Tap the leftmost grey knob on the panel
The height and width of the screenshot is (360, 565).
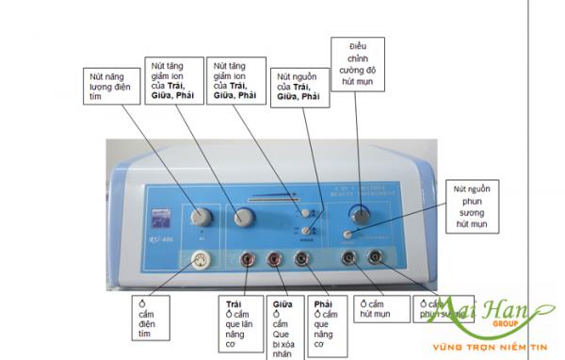[197, 216]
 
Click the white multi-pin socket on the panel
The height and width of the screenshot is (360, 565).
[200, 260]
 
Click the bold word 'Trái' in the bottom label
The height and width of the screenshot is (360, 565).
[234, 304]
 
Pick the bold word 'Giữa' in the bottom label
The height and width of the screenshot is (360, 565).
[281, 304]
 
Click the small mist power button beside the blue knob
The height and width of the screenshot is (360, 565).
[347, 235]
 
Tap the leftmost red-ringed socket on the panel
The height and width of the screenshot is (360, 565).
[247, 257]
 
